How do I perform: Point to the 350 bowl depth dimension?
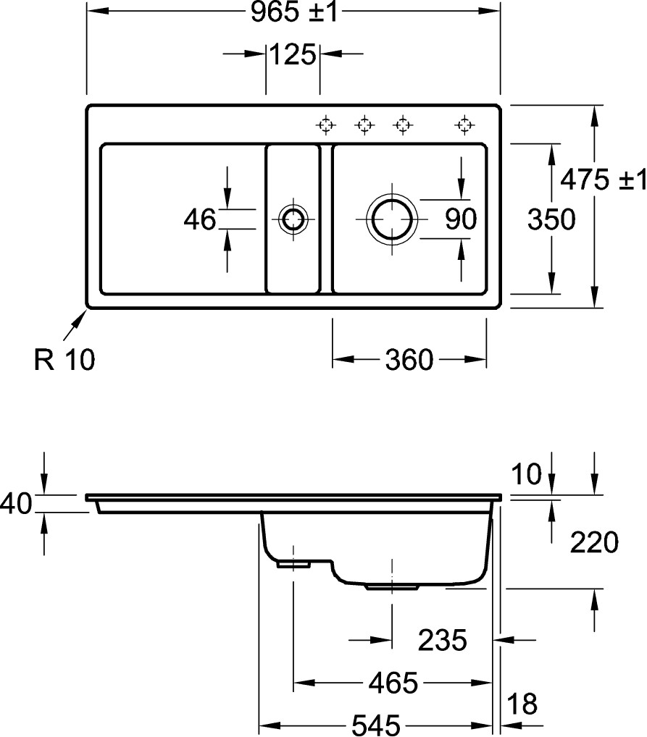point(551,219)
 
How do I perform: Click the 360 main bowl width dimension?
point(409,359)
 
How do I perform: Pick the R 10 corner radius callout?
point(64,359)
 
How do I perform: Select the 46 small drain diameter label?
point(199,219)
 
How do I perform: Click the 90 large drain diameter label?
point(461,219)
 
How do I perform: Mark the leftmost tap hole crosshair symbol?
point(326,125)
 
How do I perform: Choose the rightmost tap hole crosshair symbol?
point(464,125)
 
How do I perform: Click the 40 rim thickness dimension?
point(16,503)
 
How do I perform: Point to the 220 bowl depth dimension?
point(594,541)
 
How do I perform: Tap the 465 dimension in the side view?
point(393,682)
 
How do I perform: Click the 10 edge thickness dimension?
point(530,475)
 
